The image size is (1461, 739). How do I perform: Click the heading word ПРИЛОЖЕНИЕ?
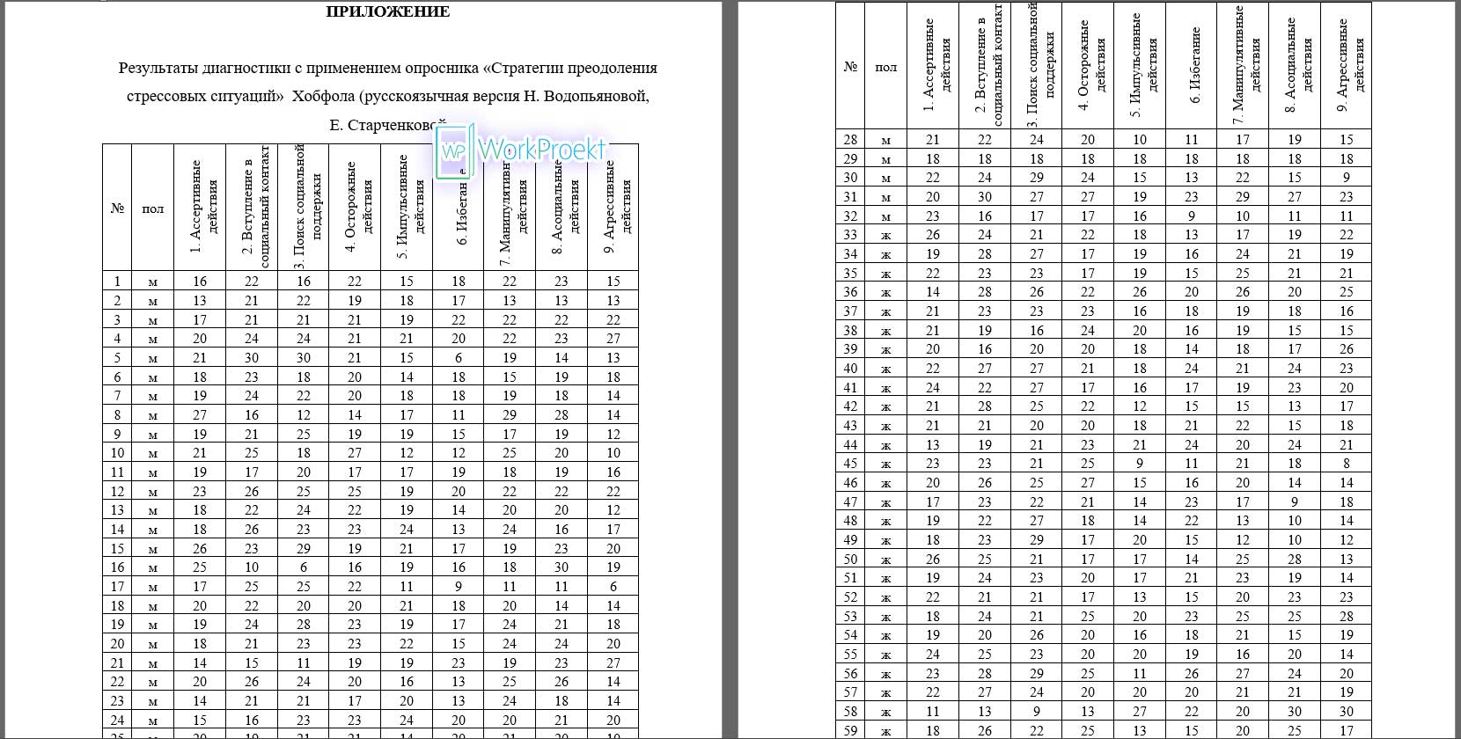[x=387, y=12]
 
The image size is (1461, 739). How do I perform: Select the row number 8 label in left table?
[x=117, y=415]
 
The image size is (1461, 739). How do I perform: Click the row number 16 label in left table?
[x=117, y=567]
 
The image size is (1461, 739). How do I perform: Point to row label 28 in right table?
[x=850, y=140]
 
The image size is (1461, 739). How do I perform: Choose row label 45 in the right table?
[x=850, y=464]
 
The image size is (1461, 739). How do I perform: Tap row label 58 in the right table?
[x=850, y=712]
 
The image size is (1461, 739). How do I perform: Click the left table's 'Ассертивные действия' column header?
[x=201, y=207]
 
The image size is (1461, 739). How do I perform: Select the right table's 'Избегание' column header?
[x=1192, y=65]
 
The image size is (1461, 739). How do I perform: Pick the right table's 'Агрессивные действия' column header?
[x=1347, y=65]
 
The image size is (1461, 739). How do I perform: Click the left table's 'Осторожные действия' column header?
[x=355, y=207]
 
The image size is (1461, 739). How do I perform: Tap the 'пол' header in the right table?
[x=886, y=67]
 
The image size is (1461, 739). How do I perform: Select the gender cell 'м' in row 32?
[x=886, y=216]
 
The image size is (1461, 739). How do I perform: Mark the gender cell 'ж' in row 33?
[x=886, y=236]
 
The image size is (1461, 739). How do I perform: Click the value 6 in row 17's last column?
[x=613, y=587]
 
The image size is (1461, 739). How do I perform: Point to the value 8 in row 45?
[x=1347, y=464]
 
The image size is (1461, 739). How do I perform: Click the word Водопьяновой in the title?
[x=596, y=96]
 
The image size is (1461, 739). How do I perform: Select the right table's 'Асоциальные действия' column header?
[x=1295, y=65]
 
